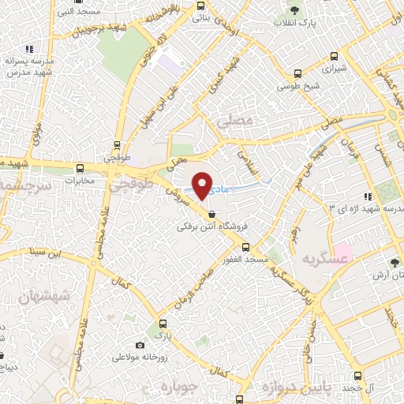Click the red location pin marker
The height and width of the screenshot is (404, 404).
coord(203,185)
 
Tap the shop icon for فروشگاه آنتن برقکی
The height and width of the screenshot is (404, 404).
coord(211,214)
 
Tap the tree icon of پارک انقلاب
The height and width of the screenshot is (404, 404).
coord(294,10)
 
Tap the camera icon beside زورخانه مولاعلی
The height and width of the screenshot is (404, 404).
coord(140,345)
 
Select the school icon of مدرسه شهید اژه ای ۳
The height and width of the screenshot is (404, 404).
coord(367,196)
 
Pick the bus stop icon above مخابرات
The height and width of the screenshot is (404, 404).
coord(80,168)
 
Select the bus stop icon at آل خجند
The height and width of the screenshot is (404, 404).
coord(357,376)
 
